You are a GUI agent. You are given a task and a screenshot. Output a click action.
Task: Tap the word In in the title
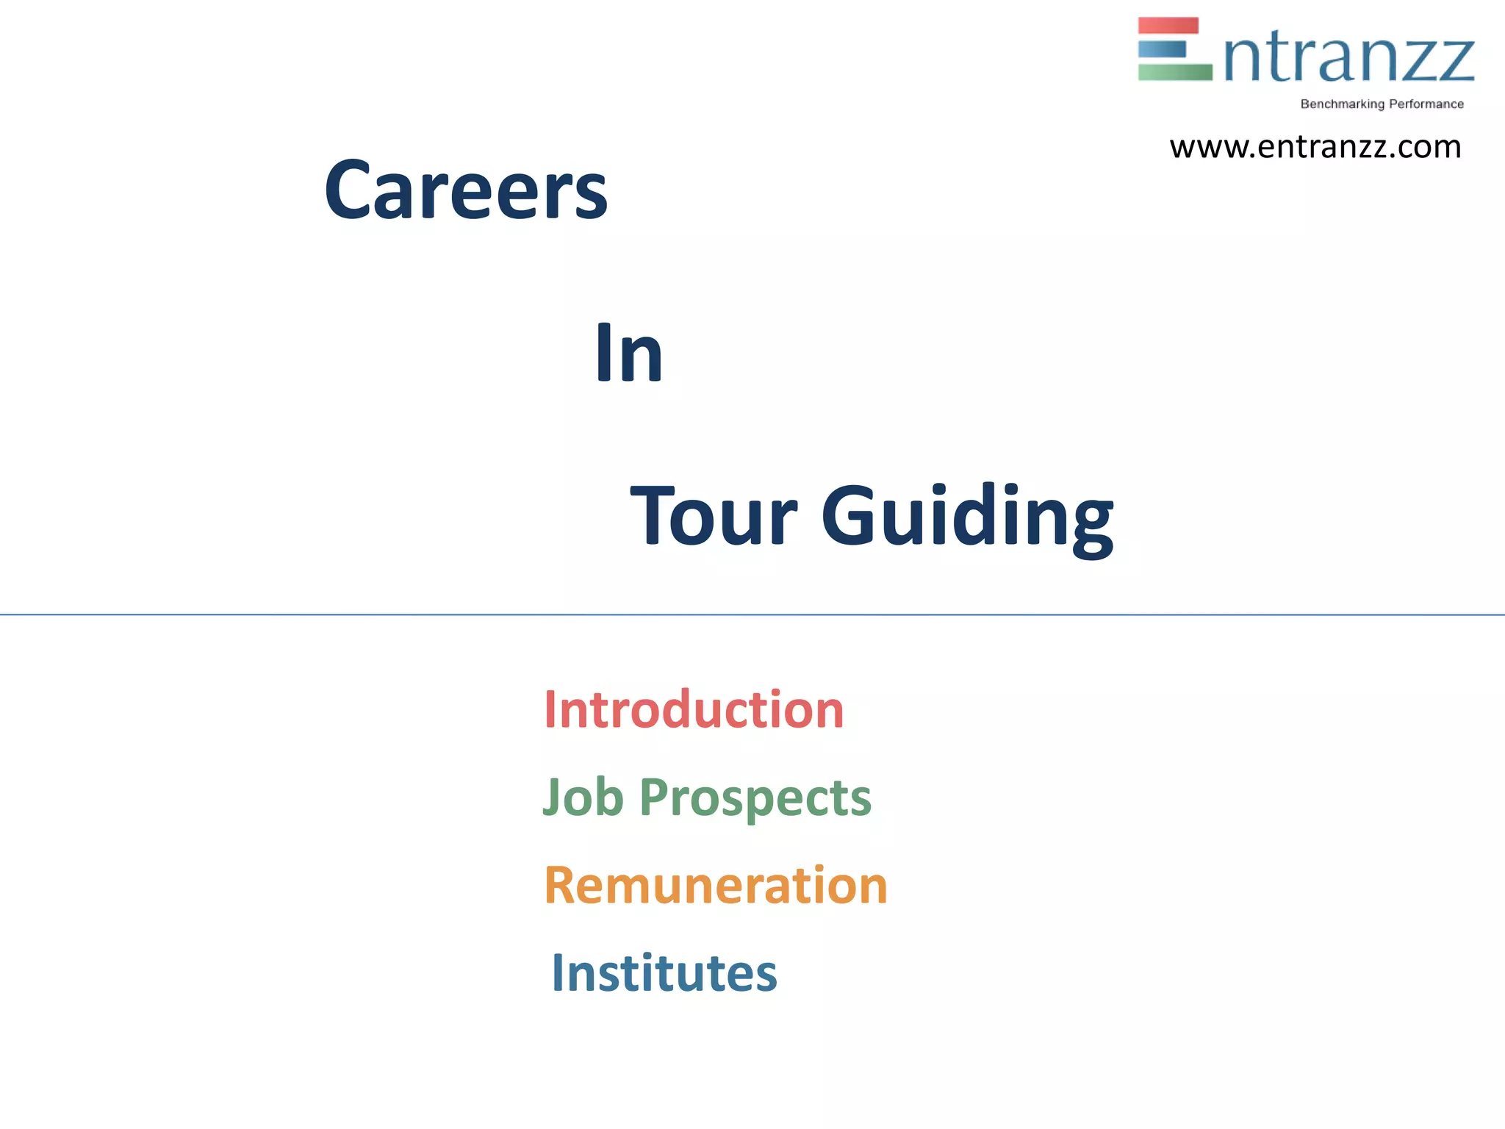628,354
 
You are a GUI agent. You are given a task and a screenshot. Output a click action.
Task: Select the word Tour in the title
713,516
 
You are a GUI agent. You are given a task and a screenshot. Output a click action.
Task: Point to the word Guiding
966,518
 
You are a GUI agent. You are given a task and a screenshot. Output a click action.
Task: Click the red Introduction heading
694,710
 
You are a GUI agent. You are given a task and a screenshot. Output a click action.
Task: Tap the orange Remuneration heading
716,885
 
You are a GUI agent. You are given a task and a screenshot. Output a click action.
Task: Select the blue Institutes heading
664,973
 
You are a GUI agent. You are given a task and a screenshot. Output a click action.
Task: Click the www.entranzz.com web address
1315,147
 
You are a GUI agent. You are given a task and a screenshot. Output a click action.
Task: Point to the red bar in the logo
1168,26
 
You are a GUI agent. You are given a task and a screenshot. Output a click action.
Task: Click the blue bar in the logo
1162,49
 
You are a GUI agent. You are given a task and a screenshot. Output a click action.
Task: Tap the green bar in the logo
1174,72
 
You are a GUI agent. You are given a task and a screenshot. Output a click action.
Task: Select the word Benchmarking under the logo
1342,104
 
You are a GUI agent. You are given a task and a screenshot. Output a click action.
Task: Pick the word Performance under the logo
1426,104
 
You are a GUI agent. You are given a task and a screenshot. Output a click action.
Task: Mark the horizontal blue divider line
752,614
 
